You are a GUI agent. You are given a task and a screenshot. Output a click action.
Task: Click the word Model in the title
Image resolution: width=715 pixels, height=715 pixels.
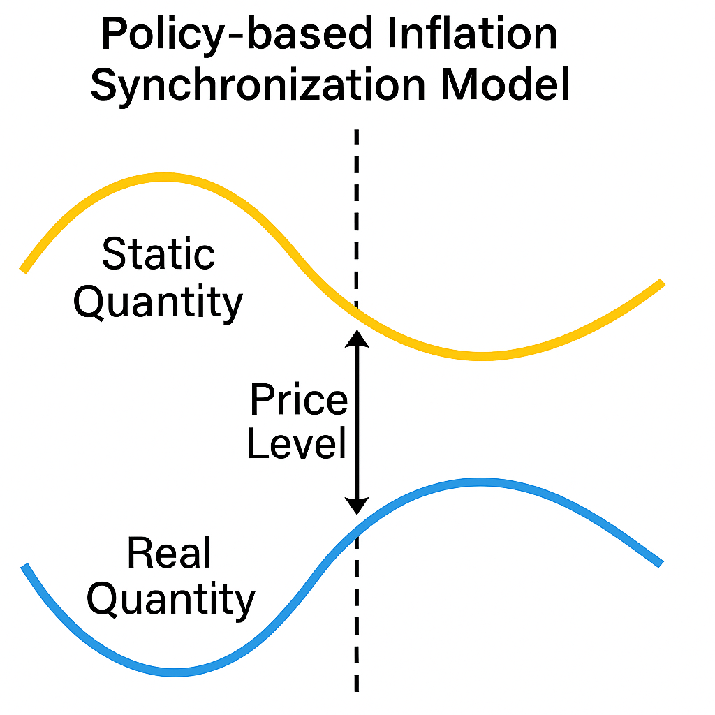click(x=506, y=84)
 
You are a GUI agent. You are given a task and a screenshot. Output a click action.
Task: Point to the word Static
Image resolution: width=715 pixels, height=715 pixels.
click(x=159, y=253)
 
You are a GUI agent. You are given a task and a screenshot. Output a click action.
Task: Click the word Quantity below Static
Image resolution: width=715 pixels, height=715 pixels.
click(x=159, y=303)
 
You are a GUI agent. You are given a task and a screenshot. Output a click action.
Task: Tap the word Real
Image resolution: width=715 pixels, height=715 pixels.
click(x=169, y=552)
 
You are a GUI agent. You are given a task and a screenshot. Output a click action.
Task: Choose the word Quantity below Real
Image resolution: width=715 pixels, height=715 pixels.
click(x=171, y=601)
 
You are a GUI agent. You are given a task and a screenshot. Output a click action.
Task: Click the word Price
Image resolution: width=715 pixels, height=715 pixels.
click(x=299, y=399)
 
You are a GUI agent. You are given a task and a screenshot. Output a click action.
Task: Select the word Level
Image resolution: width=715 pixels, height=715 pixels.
click(x=296, y=443)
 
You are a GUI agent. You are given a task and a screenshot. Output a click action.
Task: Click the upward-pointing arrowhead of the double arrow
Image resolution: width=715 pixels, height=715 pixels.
click(x=357, y=339)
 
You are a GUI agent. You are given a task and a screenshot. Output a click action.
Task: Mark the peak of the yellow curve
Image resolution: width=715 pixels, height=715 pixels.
click(x=163, y=177)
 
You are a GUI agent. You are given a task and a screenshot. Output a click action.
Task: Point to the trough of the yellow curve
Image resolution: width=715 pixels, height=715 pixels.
click(x=481, y=356)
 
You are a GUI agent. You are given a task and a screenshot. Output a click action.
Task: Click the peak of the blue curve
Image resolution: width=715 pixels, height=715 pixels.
click(x=479, y=482)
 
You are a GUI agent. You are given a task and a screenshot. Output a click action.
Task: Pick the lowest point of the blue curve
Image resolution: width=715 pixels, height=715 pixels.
click(x=175, y=672)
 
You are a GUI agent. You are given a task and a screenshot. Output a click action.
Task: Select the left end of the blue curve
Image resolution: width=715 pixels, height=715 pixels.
click(x=24, y=566)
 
